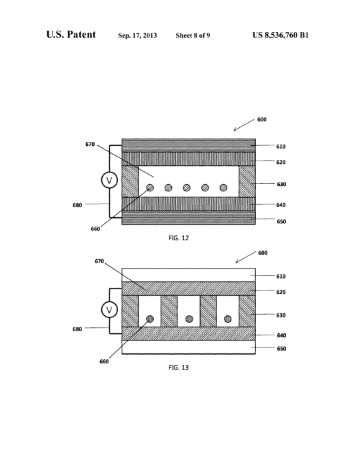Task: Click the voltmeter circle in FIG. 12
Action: pyautogui.click(x=109, y=180)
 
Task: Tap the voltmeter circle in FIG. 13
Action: pyautogui.click(x=109, y=310)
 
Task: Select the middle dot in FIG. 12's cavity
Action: pyautogui.click(x=187, y=187)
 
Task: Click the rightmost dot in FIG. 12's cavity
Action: pyautogui.click(x=223, y=187)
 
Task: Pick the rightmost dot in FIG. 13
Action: pyautogui.click(x=227, y=319)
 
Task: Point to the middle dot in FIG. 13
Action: pyautogui.click(x=189, y=319)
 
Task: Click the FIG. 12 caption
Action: pyautogui.click(x=179, y=238)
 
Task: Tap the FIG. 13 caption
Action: pyautogui.click(x=179, y=367)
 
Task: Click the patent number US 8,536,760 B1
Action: pyautogui.click(x=281, y=35)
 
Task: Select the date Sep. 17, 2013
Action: pyautogui.click(x=137, y=35)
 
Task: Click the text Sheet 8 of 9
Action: pyautogui.click(x=193, y=35)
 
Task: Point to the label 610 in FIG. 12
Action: pyautogui.click(x=281, y=147)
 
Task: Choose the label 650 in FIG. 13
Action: pyautogui.click(x=281, y=349)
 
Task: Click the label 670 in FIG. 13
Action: pyautogui.click(x=99, y=261)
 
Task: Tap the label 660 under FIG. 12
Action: pyautogui.click(x=95, y=229)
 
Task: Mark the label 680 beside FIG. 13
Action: pyautogui.click(x=77, y=329)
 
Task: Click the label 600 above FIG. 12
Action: pyautogui.click(x=262, y=119)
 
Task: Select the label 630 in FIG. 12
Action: pyautogui.click(x=281, y=185)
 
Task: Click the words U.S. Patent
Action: pyautogui.click(x=71, y=35)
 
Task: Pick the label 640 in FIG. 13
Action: pyautogui.click(x=281, y=335)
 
